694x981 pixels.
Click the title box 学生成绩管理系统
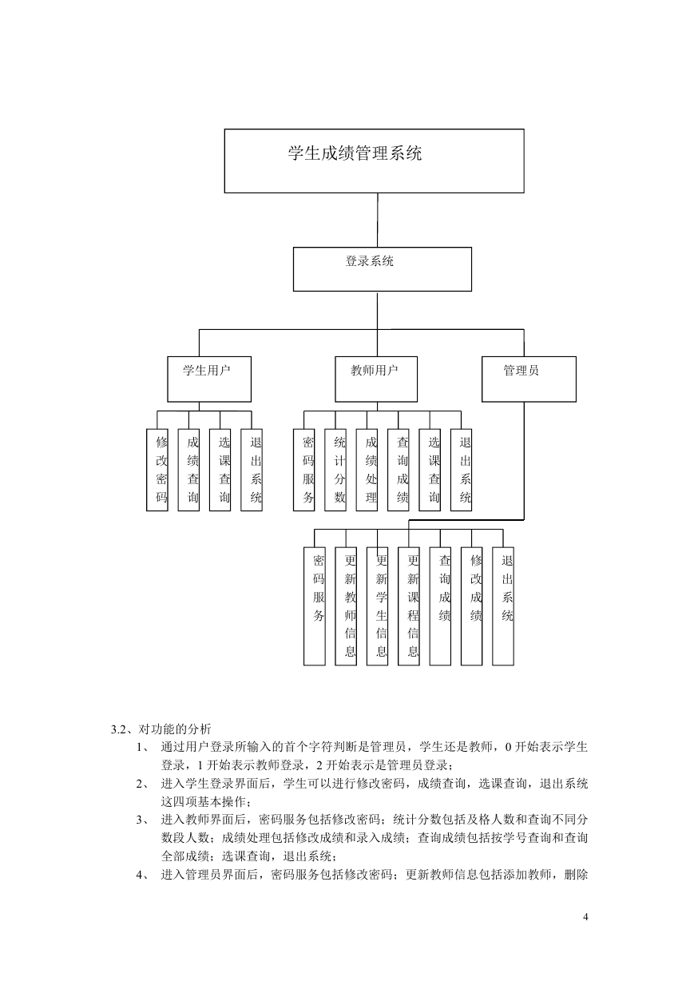click(x=374, y=161)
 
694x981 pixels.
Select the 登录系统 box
click(x=383, y=269)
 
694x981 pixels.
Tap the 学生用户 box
click(x=209, y=379)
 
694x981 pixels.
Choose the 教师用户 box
click(x=376, y=379)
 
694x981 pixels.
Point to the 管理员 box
click(x=529, y=379)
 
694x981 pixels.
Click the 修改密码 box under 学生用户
click(x=157, y=470)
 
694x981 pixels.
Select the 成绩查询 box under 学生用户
click(x=188, y=470)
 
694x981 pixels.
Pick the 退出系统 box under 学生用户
click(x=252, y=470)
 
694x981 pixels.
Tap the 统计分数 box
click(x=335, y=470)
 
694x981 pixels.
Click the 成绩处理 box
click(x=367, y=470)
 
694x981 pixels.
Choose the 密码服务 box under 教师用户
click(x=303, y=470)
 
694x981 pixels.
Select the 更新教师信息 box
click(x=346, y=606)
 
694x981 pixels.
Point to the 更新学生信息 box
click(x=378, y=606)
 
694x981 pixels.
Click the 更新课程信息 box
click(x=409, y=606)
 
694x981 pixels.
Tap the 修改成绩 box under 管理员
click(x=471, y=606)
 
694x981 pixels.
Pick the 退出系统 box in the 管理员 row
click(x=503, y=606)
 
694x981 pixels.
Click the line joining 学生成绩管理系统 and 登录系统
click(x=378, y=220)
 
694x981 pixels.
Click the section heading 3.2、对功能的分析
click(x=161, y=729)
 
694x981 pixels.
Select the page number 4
click(x=586, y=917)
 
